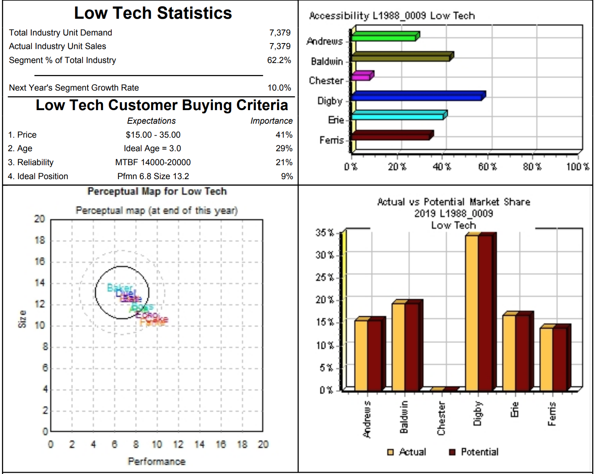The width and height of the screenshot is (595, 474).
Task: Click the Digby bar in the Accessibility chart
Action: [417, 96]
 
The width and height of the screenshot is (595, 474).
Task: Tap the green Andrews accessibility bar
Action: [384, 37]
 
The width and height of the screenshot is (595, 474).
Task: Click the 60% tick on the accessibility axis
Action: [487, 167]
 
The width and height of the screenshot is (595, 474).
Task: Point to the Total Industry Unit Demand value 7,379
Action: [280, 33]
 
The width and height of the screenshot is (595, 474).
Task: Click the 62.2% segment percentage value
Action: [279, 60]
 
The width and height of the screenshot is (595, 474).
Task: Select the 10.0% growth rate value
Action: [279, 88]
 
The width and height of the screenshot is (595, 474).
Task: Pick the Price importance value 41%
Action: [284, 135]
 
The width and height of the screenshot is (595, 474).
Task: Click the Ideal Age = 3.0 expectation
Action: [152, 148]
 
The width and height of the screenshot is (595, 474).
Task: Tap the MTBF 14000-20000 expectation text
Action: [153, 162]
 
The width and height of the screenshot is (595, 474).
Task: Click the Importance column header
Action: [271, 121]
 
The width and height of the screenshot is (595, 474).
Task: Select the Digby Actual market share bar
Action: [472, 313]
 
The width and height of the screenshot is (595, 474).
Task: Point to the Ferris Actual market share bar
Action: [546, 359]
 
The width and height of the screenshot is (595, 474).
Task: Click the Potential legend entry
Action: [479, 452]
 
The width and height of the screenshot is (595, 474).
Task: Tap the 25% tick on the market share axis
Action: [325, 277]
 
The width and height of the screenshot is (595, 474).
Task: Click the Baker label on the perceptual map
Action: [119, 288]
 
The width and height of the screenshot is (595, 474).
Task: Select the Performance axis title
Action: [156, 462]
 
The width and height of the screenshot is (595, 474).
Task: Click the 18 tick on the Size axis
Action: [39, 240]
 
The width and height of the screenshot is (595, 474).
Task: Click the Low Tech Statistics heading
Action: [153, 13]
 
